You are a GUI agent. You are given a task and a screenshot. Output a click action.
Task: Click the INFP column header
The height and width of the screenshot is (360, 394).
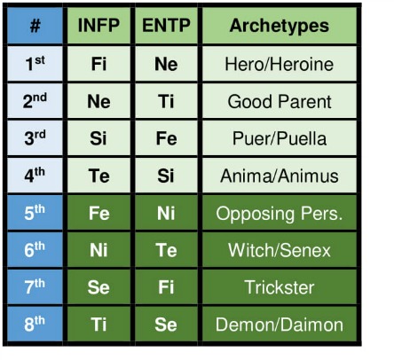[98, 26]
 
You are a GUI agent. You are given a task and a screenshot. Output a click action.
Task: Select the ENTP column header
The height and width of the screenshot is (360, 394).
[166, 26]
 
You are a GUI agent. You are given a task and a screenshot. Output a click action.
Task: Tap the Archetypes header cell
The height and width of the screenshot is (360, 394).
[280, 26]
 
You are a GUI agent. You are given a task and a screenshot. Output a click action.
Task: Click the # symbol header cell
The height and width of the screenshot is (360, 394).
[35, 26]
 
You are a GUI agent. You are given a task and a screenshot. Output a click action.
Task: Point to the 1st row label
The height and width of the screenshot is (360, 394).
[35, 64]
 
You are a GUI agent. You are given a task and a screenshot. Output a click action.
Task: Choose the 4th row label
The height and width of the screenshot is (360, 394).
[35, 176]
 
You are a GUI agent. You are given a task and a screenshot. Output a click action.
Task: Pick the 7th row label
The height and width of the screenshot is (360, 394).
[35, 287]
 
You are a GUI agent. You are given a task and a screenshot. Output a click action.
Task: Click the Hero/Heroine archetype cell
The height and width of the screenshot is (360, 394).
[280, 64]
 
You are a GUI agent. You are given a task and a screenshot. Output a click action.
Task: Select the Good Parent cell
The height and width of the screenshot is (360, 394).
[280, 101]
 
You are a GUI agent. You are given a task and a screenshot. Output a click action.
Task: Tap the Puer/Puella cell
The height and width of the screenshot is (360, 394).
[280, 138]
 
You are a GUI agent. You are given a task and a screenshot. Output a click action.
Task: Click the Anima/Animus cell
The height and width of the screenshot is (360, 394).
[280, 176]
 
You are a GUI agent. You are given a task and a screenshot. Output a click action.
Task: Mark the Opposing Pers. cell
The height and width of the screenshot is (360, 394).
[280, 213]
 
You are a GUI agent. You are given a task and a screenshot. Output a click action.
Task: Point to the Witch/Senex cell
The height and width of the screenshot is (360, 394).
[280, 250]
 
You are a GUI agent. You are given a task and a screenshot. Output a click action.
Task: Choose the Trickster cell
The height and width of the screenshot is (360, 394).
[280, 287]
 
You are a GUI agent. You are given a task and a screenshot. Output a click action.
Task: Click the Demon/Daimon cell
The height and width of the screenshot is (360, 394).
[280, 325]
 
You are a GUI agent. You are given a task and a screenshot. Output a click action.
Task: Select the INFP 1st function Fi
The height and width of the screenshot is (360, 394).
[98, 64]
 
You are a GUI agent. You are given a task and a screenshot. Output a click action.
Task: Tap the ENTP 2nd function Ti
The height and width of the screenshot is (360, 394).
[166, 101]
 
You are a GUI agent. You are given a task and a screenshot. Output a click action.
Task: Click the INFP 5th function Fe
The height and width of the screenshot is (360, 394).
[98, 213]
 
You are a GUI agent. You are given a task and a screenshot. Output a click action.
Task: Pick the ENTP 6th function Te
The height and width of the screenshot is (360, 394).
[166, 250]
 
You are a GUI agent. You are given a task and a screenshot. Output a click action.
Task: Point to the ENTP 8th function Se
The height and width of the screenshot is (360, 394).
[166, 325]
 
